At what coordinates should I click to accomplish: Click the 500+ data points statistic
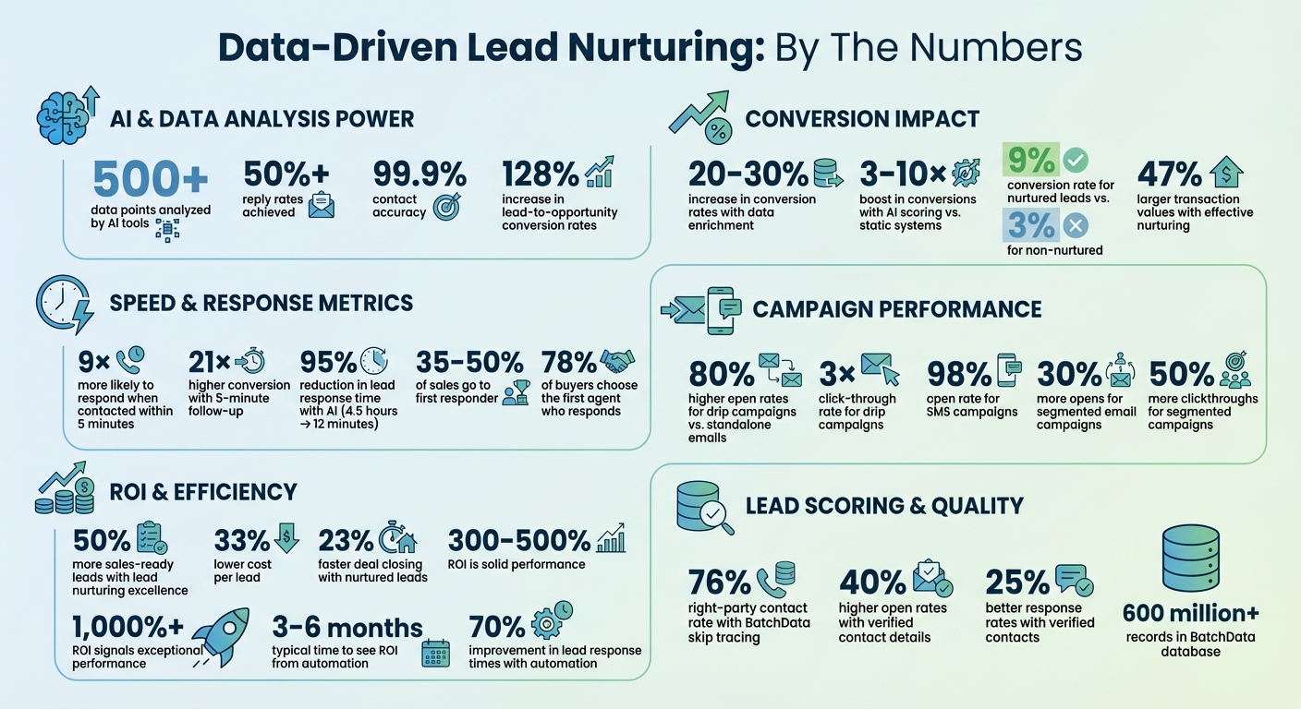pyautogui.click(x=151, y=178)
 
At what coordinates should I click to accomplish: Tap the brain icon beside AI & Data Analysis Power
pyautogui.click(x=61, y=117)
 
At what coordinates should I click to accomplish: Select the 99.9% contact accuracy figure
pyautogui.click(x=419, y=174)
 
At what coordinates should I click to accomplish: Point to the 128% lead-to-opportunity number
pyautogui.click(x=541, y=174)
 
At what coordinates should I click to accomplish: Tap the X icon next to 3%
pyautogui.click(x=1076, y=226)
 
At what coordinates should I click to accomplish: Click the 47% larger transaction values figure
pyautogui.click(x=1169, y=174)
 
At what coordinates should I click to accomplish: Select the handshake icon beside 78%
pyautogui.click(x=618, y=360)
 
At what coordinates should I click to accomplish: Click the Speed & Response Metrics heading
pyautogui.click(x=261, y=302)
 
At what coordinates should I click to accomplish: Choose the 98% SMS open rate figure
pyautogui.click(x=958, y=374)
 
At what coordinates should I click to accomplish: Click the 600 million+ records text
pyautogui.click(x=1190, y=613)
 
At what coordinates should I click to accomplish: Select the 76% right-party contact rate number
pyautogui.click(x=720, y=583)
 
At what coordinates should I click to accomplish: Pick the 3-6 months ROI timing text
pyautogui.click(x=347, y=629)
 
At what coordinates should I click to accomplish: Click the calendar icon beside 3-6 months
pyautogui.click(x=434, y=652)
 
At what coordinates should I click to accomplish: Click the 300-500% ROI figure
pyautogui.click(x=518, y=540)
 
